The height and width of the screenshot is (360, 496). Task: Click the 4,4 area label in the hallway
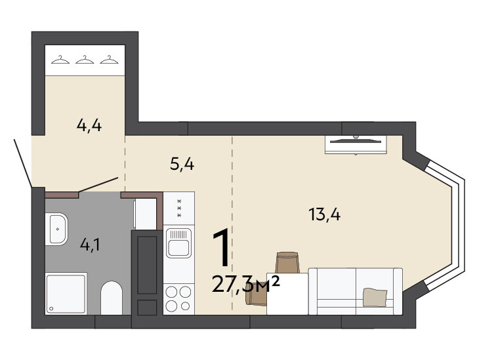(89, 126)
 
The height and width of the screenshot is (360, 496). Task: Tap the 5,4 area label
(182, 164)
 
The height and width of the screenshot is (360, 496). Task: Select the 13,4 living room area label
(325, 214)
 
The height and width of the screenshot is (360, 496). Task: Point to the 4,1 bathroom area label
(90, 245)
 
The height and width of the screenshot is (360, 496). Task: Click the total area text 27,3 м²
(246, 284)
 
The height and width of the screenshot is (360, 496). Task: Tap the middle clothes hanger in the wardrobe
(85, 60)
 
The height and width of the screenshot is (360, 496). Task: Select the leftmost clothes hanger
(60, 60)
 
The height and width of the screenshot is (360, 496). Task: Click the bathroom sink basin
(56, 229)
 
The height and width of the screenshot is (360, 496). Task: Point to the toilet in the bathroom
(112, 298)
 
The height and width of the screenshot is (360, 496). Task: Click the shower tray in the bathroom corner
(66, 294)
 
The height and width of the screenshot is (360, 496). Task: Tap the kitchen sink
(178, 243)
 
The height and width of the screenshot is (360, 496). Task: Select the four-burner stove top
(178, 298)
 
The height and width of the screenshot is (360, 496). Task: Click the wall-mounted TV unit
(356, 144)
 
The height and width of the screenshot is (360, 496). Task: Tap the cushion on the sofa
(375, 297)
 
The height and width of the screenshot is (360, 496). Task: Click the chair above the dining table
(287, 262)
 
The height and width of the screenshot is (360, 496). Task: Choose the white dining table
(287, 294)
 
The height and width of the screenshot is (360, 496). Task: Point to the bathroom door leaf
(98, 184)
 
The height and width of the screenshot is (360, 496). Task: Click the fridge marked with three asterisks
(178, 209)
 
